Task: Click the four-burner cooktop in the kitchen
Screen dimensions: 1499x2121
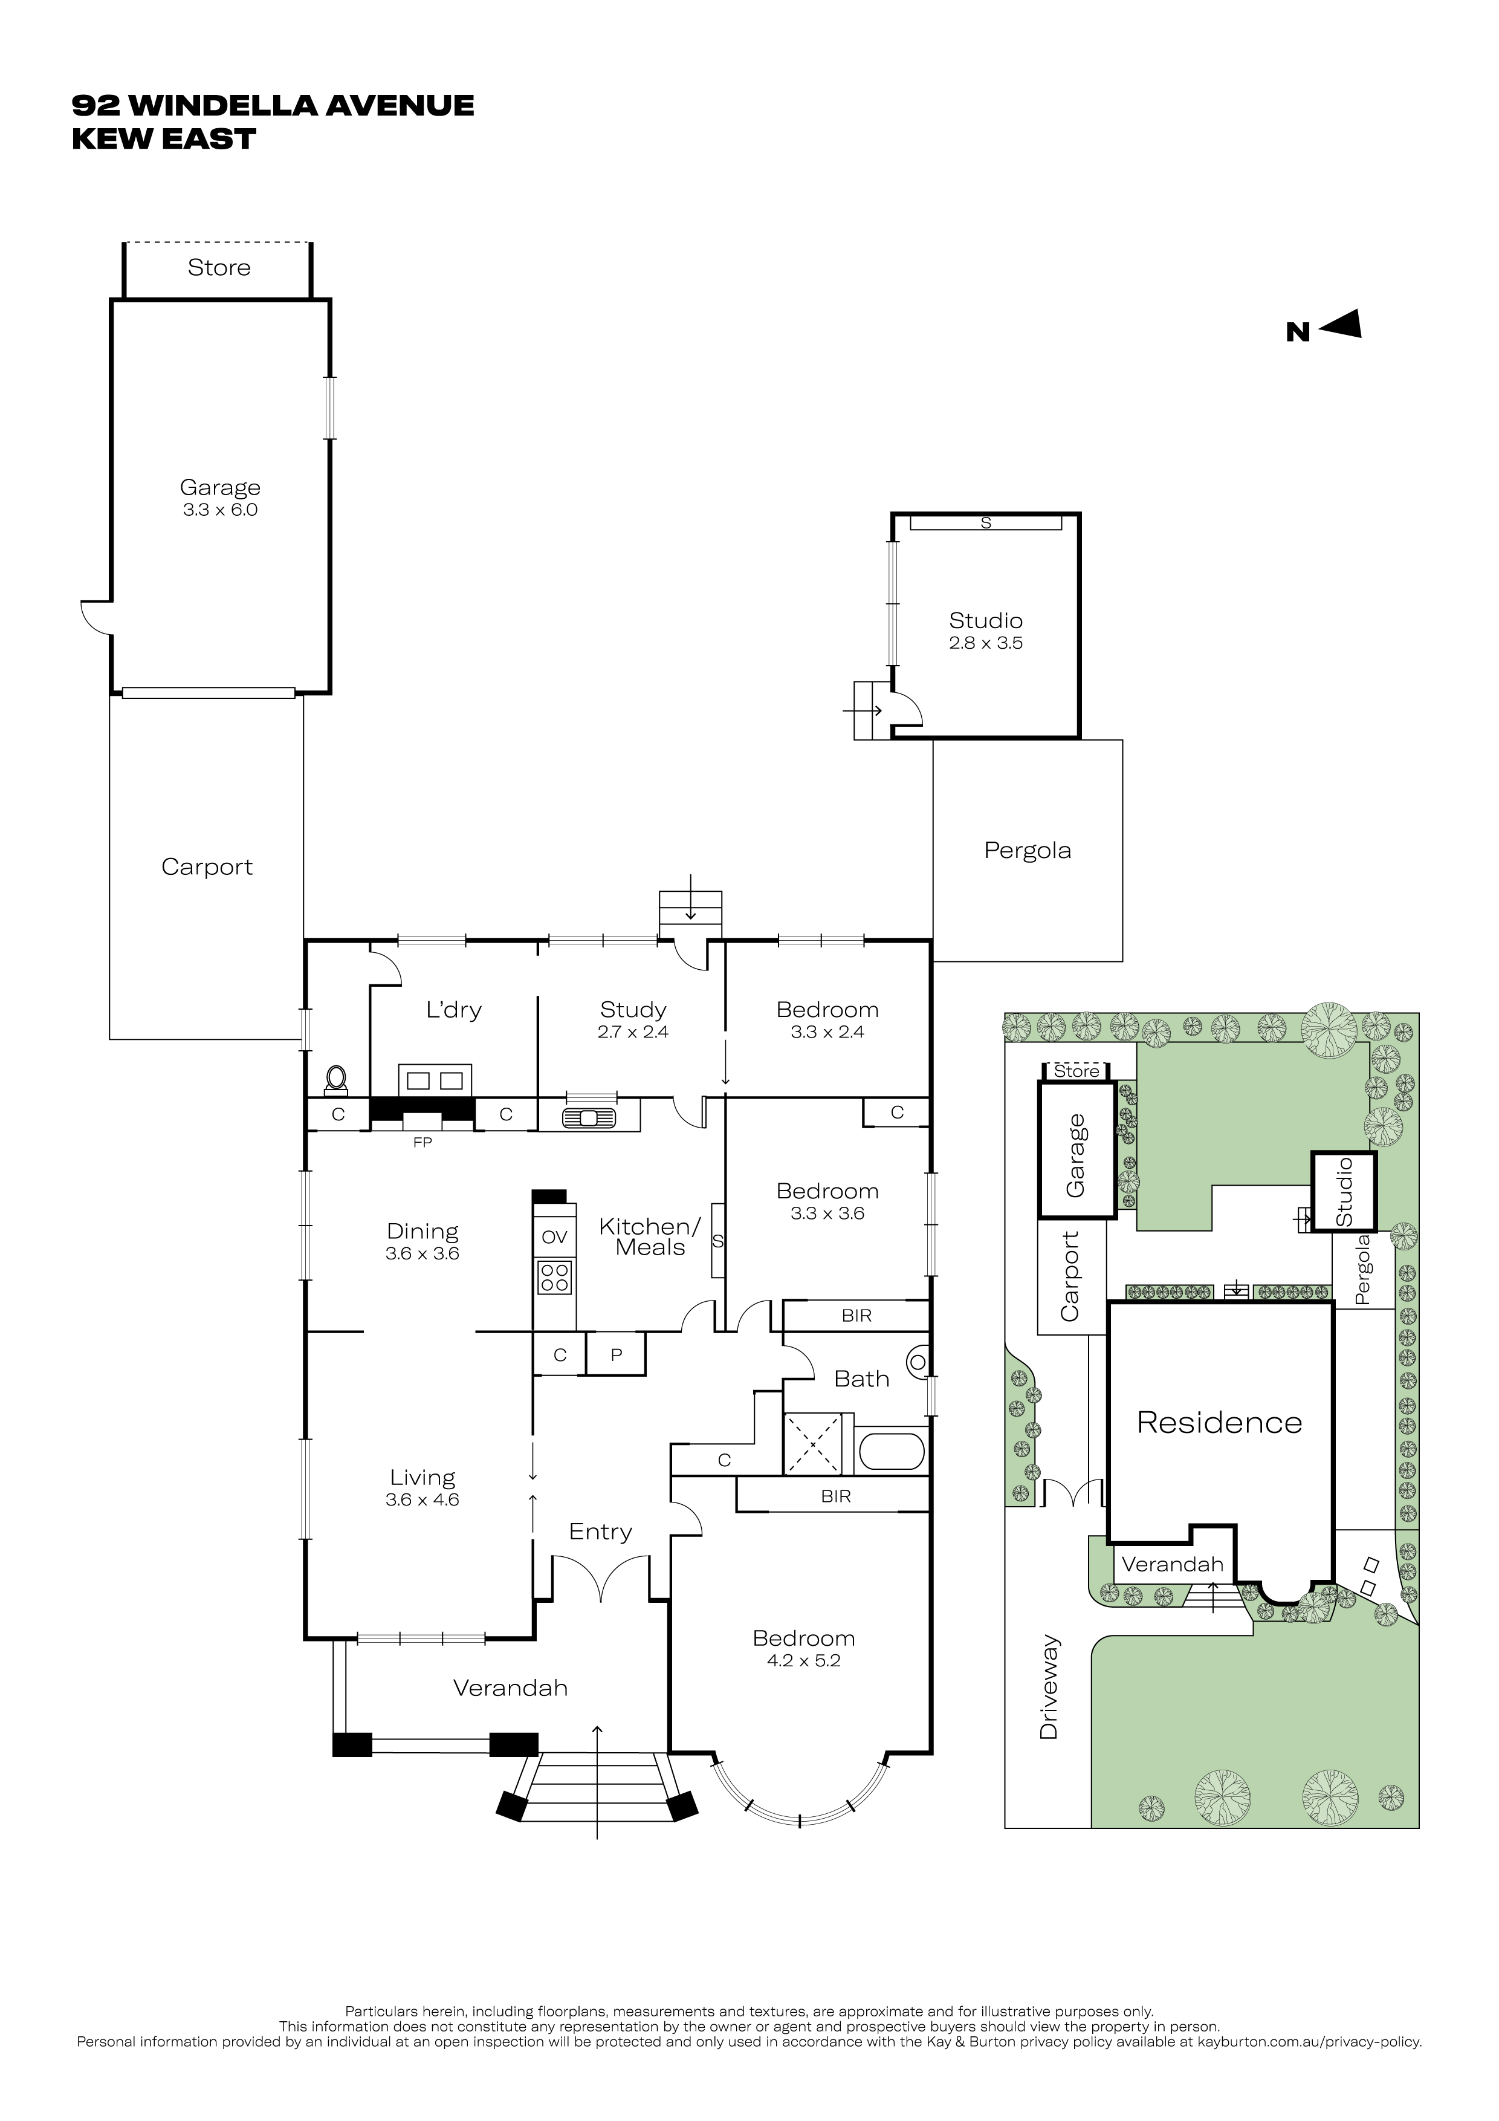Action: (x=555, y=1279)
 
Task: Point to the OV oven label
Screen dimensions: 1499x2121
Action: (x=554, y=1237)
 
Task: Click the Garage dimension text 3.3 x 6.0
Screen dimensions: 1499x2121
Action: (x=220, y=510)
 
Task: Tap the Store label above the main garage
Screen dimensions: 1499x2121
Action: (x=219, y=267)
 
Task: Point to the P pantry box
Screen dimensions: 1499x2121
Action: (x=616, y=1354)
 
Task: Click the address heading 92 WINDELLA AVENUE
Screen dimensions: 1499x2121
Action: (x=273, y=105)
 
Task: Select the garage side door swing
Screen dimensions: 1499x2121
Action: (x=96, y=617)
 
